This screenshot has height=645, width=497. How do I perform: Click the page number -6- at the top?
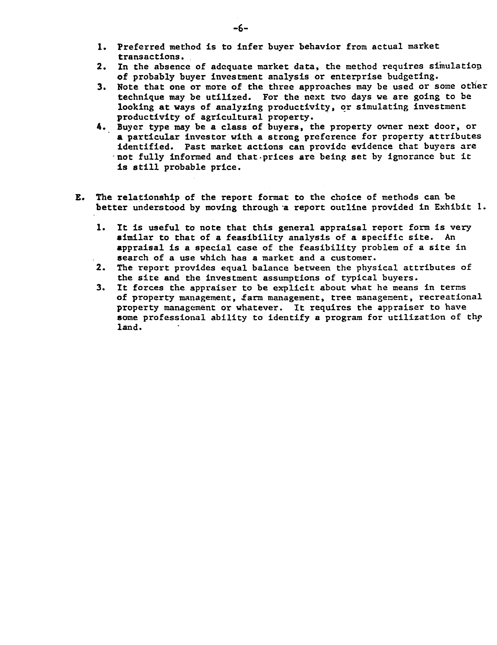point(240,29)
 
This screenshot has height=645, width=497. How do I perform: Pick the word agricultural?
point(231,117)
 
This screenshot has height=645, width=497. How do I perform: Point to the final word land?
point(128,328)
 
